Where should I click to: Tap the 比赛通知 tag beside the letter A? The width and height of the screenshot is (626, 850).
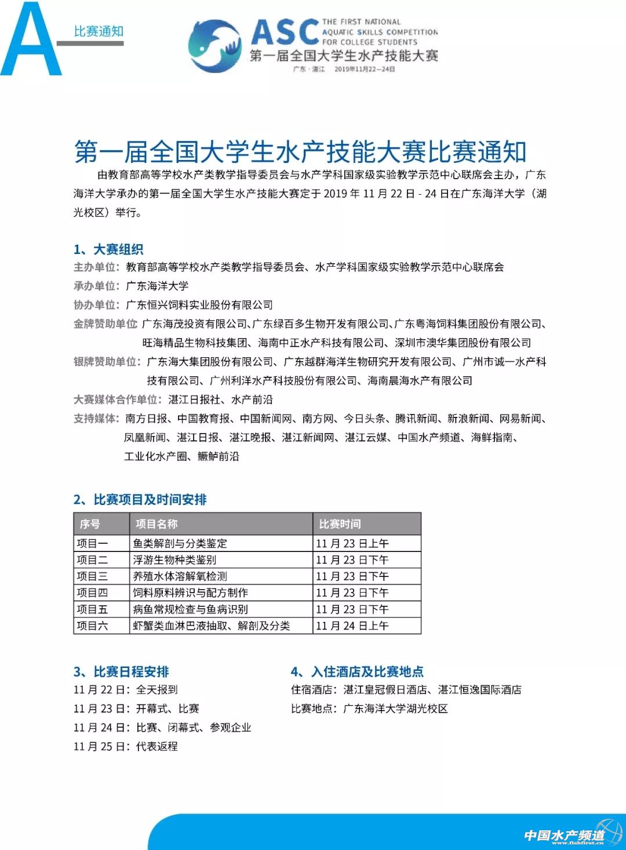pyautogui.click(x=99, y=31)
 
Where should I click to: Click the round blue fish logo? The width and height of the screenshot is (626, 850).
pyautogui.click(x=214, y=46)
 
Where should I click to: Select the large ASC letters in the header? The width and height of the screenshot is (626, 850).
pyautogui.click(x=285, y=32)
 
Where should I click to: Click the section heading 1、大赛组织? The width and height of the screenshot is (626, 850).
pyautogui.click(x=108, y=249)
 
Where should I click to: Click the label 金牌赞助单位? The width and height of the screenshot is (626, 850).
pyautogui.click(x=105, y=324)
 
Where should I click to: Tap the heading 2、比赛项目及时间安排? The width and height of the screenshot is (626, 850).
pyautogui.click(x=140, y=499)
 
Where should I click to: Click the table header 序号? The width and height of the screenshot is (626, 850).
pyautogui.click(x=90, y=524)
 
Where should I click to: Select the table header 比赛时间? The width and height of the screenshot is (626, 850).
pyautogui.click(x=340, y=524)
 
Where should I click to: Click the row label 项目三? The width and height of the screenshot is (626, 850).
pyautogui.click(x=93, y=576)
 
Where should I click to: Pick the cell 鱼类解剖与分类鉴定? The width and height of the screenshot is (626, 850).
pyautogui.click(x=180, y=543)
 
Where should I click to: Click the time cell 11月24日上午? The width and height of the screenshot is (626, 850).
pyautogui.click(x=352, y=626)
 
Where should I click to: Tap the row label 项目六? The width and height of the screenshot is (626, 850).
pyautogui.click(x=93, y=626)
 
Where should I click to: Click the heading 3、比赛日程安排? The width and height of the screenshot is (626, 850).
pyautogui.click(x=121, y=671)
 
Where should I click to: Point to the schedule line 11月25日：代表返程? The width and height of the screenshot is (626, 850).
pyautogui.click(x=125, y=746)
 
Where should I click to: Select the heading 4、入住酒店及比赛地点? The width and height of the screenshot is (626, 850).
pyautogui.click(x=357, y=671)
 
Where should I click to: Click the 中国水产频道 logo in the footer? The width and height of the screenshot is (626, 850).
pyautogui.click(x=566, y=835)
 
